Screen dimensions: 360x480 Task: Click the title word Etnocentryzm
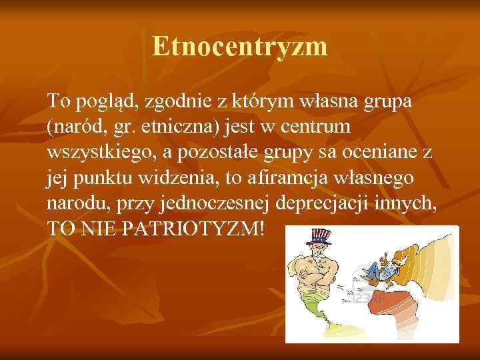click(239, 47)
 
